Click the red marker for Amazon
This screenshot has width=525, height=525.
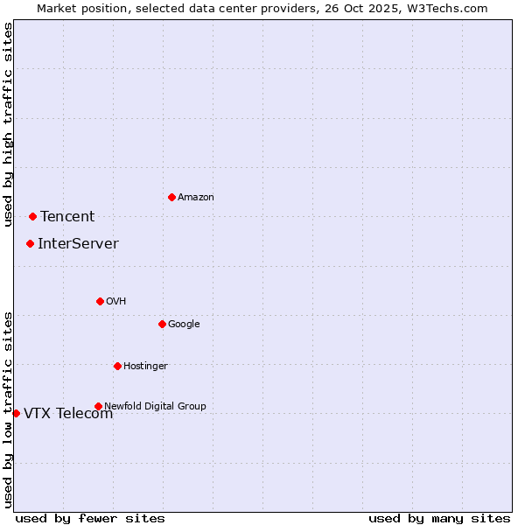[x=171, y=197]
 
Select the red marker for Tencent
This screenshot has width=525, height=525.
[x=32, y=216]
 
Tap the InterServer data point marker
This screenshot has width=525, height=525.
[x=30, y=243]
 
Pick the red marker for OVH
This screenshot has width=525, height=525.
[x=100, y=301]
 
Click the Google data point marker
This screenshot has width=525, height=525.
[x=162, y=324]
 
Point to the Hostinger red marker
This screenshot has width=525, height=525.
[x=117, y=366]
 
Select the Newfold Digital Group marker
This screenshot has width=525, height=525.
[x=98, y=406]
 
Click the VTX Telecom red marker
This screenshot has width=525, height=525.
[x=16, y=413]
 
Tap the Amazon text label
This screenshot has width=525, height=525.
[x=196, y=197]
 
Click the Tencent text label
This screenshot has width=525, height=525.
[x=67, y=217]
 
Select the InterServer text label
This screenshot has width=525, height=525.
[x=78, y=244]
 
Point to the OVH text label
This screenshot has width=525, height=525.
[x=116, y=301]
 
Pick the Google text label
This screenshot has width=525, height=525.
[x=184, y=324]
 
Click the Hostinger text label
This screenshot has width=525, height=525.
[x=145, y=366]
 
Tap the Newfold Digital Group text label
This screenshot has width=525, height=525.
[x=155, y=406]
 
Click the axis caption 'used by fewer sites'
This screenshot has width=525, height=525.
[x=90, y=518]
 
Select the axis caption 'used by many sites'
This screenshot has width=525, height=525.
[x=439, y=518]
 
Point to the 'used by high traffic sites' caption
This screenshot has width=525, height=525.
[x=8, y=124]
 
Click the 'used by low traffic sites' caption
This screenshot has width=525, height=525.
[x=8, y=409]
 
